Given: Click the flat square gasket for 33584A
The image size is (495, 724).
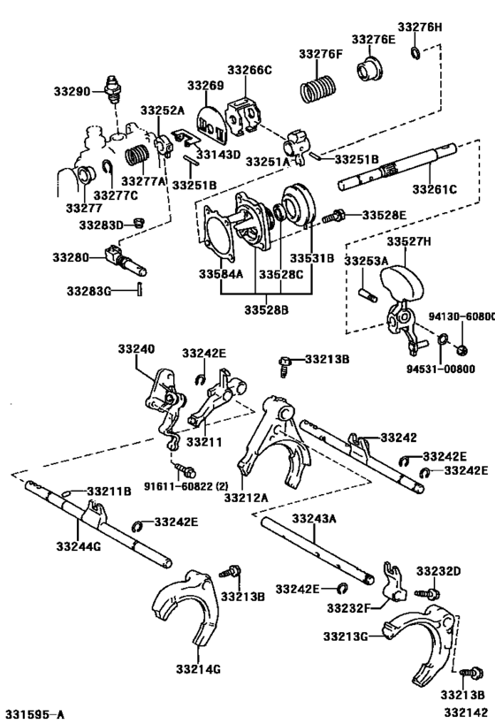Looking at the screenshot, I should [x=217, y=236].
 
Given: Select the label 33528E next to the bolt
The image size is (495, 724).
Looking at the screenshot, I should [x=385, y=215].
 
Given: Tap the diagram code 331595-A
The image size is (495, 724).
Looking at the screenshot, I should [x=35, y=713].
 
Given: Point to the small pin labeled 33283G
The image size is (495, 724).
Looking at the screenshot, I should [x=139, y=289].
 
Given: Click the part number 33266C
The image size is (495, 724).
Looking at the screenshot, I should [x=248, y=70].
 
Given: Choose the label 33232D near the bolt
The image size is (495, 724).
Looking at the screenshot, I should [x=440, y=571].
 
